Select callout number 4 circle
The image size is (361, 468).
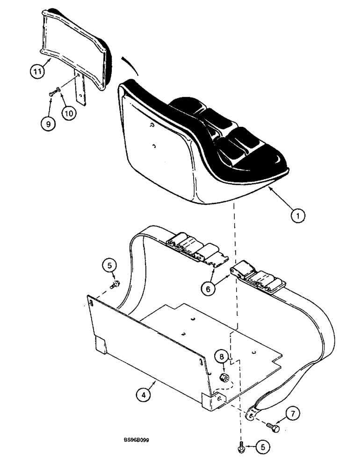pos(144,395)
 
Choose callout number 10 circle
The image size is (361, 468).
pos(70,113)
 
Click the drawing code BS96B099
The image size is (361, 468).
pos(137,440)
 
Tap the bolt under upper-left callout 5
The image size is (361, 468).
pos(115,284)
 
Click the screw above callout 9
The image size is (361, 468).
pos(52,95)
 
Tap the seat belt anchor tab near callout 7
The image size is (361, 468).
pos(253,414)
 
